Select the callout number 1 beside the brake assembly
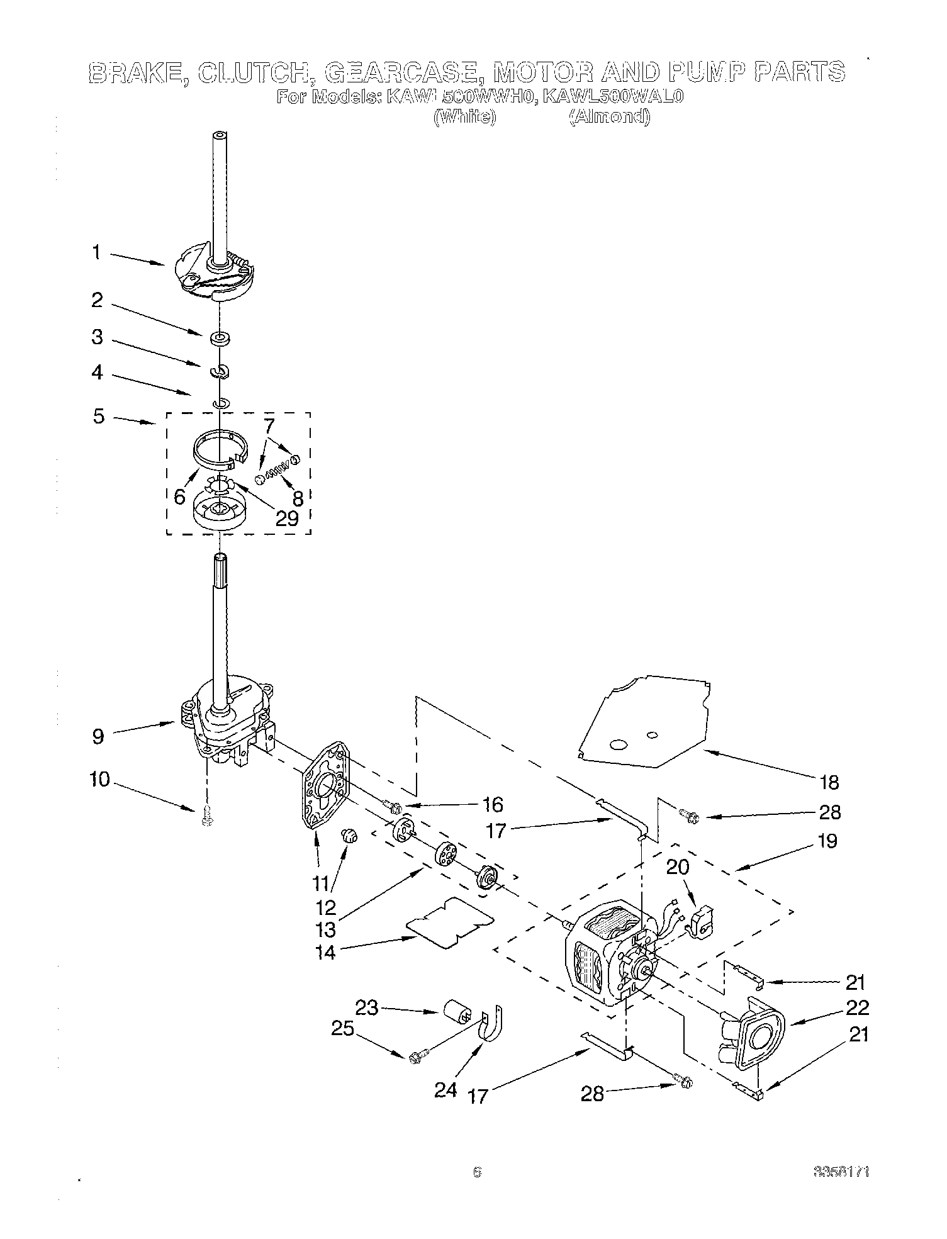tap(96, 253)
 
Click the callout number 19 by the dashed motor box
tap(827, 841)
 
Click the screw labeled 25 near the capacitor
tap(417, 1058)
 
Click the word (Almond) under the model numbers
tap(608, 117)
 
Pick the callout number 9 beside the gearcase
tap(98, 736)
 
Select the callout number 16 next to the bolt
tap(493, 805)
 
